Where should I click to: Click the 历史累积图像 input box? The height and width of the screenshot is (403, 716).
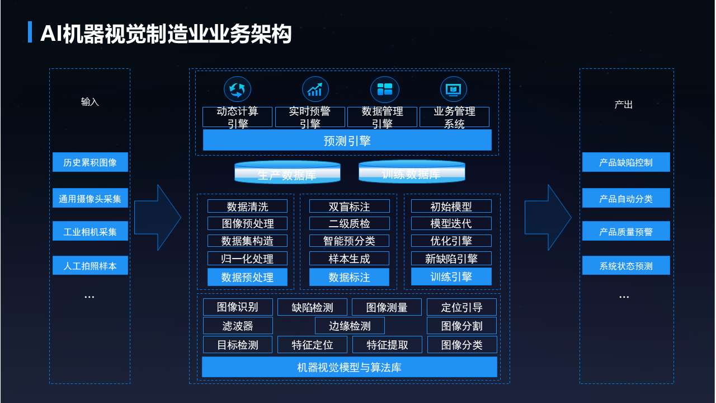point(90,162)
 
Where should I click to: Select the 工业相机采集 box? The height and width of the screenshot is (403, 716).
point(90,231)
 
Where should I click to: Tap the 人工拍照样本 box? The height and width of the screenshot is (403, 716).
point(90,266)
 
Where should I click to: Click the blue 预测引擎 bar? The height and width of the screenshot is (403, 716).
point(347,140)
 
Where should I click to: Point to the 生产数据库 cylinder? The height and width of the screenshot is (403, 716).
point(287,173)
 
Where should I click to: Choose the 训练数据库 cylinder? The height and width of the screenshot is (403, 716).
point(411,172)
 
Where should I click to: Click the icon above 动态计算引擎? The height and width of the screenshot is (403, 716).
point(237,90)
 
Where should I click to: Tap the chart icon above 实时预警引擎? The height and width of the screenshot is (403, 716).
point(315,90)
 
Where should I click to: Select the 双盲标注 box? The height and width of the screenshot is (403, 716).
point(349,207)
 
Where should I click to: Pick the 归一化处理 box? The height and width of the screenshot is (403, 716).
point(247,259)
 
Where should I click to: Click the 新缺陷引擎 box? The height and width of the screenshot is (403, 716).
point(451,259)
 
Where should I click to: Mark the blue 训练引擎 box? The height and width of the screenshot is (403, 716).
point(451,277)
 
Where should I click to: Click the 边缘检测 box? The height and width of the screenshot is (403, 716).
point(349,326)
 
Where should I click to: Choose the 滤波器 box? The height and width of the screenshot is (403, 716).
point(237,326)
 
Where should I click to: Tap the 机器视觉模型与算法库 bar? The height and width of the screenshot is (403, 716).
point(349,367)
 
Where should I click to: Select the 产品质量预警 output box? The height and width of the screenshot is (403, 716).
point(626,231)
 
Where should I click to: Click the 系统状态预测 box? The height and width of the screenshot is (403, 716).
point(626,266)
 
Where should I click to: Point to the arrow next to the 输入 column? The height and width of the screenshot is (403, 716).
point(157,217)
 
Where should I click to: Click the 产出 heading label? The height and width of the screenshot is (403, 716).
point(624,105)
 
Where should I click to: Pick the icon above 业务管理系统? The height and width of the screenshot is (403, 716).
point(453,90)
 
